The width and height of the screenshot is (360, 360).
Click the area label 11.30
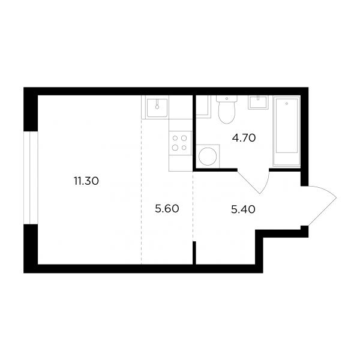tap(86, 181)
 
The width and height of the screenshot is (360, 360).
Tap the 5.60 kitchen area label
tap(167, 209)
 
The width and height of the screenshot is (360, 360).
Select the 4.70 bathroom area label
tap(244, 138)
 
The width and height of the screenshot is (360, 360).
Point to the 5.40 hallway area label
tap(243, 209)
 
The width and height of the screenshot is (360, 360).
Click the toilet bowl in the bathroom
tap(227, 113)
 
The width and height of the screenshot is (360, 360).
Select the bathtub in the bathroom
tap(287, 131)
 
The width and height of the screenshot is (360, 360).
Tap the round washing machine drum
tap(208, 157)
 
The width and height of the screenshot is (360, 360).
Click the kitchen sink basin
tap(157, 107)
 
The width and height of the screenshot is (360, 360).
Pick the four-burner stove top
tap(180, 143)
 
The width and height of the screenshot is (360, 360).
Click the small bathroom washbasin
tap(258, 102)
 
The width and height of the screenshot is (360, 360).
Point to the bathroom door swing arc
tap(266, 182)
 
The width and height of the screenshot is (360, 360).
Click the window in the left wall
tap(31, 178)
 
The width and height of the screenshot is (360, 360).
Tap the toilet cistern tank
tap(227, 99)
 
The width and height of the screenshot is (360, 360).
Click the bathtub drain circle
tap(287, 104)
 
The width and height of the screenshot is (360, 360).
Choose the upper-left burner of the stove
tap(175, 138)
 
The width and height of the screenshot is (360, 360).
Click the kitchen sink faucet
tap(157, 104)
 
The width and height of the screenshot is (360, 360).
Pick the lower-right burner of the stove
tap(184, 148)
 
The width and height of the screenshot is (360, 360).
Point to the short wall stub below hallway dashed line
tap(194, 253)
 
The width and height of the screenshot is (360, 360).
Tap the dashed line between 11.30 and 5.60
tap(141, 192)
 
